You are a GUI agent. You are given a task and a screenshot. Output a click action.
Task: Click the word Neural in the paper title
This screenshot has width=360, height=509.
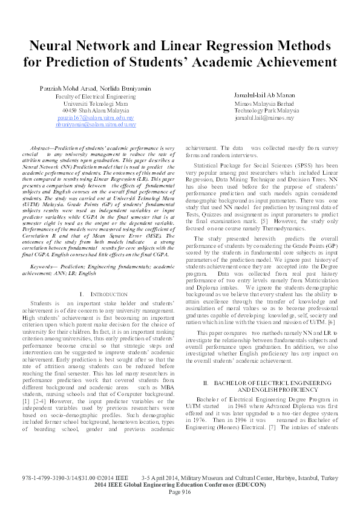51,45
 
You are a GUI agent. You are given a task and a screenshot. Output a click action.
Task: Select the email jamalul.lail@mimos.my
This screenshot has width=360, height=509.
264,118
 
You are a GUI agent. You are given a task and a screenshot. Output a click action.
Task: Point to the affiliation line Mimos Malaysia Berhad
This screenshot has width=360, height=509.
261,104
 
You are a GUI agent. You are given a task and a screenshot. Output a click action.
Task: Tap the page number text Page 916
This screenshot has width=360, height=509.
180,491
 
